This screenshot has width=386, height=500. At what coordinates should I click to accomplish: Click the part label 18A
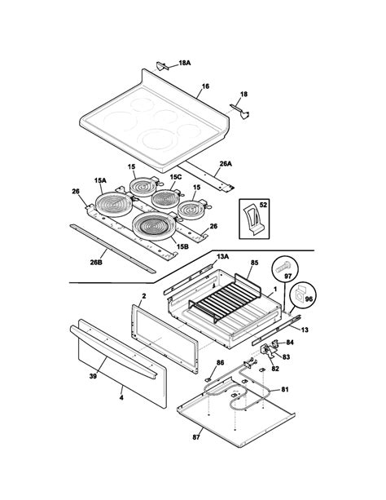point(184,63)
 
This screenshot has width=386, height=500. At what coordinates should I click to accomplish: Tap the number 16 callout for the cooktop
point(205,86)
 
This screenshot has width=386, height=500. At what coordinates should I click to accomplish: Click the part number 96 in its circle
point(309,299)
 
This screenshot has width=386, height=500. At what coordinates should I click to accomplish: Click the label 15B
point(182,246)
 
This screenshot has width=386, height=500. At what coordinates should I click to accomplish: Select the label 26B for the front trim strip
point(96,263)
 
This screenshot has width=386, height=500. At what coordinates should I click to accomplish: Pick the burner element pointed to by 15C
point(165,198)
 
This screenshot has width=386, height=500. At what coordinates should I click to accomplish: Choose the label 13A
point(222,256)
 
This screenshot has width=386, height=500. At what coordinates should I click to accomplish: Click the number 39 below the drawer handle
point(93,376)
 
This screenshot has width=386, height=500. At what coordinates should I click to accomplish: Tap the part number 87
point(196,437)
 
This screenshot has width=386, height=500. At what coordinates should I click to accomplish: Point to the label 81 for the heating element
point(285,389)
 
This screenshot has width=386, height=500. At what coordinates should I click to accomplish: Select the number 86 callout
point(220,363)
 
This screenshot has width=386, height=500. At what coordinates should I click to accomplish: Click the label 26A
point(226,164)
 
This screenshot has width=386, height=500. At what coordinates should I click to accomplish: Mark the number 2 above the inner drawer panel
point(143,296)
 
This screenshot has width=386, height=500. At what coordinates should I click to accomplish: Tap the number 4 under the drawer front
point(121,398)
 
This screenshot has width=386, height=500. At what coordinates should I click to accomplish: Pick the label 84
point(290,343)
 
